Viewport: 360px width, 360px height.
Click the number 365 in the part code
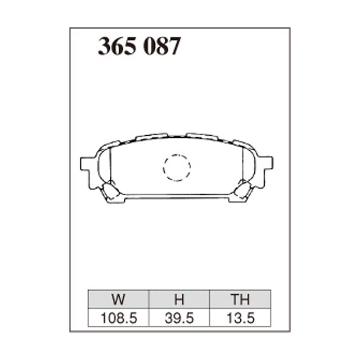coord(117,46)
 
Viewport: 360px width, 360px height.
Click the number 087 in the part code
coord(162,46)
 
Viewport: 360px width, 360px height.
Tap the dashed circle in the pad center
coord(176,167)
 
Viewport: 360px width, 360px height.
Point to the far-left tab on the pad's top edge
coord(112,144)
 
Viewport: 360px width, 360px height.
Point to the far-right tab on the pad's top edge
coord(241,143)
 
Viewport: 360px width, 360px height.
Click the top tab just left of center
coord(152,136)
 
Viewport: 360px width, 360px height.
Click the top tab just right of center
coord(202,136)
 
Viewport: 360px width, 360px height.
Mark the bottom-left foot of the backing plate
coord(116,199)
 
